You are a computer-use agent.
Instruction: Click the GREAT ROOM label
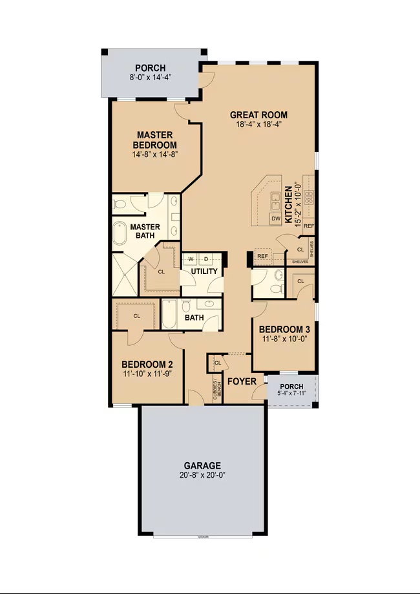258,115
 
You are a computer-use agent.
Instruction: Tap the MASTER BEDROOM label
155,140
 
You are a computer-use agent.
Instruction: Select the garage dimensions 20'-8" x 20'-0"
202,475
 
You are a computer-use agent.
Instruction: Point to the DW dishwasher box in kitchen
276,219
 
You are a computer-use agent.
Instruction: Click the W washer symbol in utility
191,259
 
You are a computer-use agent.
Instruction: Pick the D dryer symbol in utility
206,259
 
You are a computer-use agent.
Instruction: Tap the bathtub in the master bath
121,234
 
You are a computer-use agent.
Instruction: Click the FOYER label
241,381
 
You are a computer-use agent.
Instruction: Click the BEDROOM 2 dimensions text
147,374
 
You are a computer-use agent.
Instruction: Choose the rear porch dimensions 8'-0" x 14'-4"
150,77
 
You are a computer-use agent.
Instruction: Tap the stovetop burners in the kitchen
309,196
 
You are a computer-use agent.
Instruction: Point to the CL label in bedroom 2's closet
137,316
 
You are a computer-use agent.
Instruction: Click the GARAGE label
202,465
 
